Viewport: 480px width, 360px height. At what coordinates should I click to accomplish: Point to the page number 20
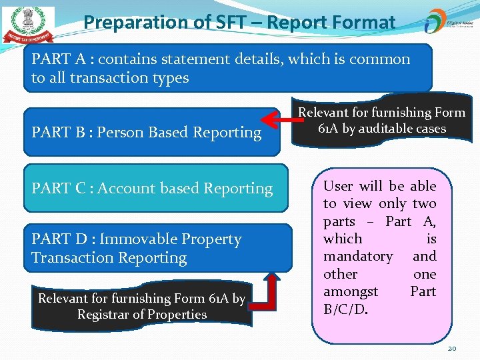(x=452, y=348)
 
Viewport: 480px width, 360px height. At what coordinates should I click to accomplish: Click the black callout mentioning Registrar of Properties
(x=141, y=307)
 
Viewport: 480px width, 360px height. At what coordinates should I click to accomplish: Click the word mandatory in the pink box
(x=358, y=256)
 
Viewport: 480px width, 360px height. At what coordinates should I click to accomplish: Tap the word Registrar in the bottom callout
(x=103, y=314)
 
